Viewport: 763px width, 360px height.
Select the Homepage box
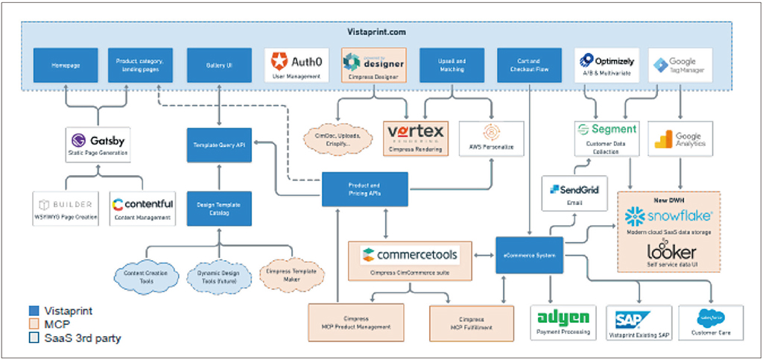pos(66,66)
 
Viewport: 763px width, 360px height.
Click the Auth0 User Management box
pos(297,66)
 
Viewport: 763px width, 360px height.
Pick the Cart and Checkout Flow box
pos(528,66)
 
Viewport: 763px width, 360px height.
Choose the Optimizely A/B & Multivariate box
pos(606,66)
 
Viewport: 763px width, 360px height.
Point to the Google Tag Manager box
pos(680,66)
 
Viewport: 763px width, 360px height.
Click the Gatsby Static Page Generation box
pos(98,144)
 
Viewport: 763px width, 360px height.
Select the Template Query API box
pos(219,144)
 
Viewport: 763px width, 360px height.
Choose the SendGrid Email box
pos(574,194)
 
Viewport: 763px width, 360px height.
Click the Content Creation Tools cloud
pos(145,277)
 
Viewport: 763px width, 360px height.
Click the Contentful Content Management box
pos(142,209)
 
